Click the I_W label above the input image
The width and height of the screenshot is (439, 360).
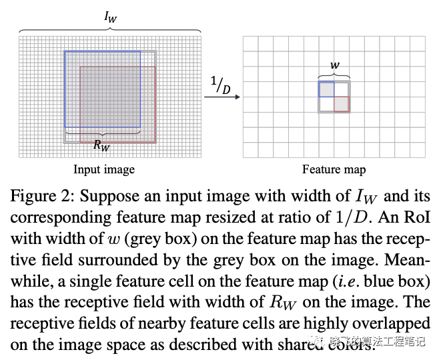[110, 17]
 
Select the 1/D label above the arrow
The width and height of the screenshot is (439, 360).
[220, 85]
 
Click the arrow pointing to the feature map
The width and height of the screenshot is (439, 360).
[222, 98]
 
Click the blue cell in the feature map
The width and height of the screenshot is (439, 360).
[326, 89]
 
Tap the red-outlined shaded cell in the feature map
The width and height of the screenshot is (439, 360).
[342, 104]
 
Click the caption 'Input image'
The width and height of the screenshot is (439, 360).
[103, 169]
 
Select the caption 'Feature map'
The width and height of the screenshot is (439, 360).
[334, 169]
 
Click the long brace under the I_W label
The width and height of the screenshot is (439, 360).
[110, 31]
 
